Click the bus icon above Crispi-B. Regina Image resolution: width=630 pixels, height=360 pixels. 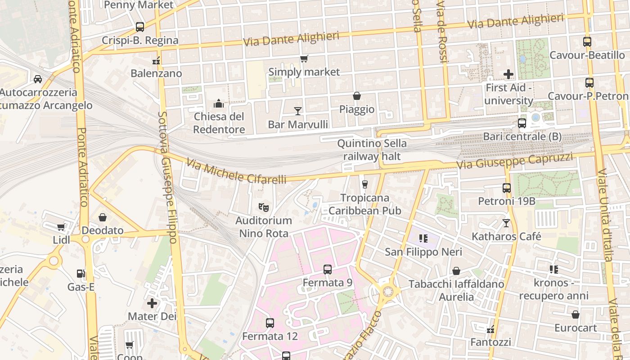click(140, 27)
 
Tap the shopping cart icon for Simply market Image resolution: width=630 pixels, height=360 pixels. click(304, 58)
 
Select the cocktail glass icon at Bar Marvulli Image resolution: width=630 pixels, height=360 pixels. click(297, 111)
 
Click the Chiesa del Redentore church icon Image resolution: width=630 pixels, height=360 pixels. click(219, 103)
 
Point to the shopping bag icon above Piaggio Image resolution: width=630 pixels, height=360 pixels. click(357, 96)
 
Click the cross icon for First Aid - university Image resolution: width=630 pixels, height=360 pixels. click(508, 74)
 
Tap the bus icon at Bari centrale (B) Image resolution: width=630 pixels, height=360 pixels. click(522, 123)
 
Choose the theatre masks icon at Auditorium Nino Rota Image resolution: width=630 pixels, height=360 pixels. click(264, 207)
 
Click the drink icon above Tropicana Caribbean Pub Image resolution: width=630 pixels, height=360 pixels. click(365, 184)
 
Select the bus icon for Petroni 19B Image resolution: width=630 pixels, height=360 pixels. click(507, 188)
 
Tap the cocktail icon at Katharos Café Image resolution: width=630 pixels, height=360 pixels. click(506, 223)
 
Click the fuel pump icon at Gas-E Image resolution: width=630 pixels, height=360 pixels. click(81, 273)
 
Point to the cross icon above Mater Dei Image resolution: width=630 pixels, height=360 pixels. click(152, 303)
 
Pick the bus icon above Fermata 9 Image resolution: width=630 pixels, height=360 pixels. click(328, 270)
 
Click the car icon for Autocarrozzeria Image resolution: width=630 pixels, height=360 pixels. click(38, 79)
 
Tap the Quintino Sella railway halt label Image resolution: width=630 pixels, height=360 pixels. click(372, 150)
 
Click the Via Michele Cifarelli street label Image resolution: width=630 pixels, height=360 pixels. click(236, 171)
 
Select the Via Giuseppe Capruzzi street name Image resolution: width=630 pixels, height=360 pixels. click(514, 161)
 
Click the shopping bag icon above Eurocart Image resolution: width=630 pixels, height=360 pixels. click(576, 315)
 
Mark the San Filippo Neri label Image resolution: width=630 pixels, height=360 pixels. click(423, 252)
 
